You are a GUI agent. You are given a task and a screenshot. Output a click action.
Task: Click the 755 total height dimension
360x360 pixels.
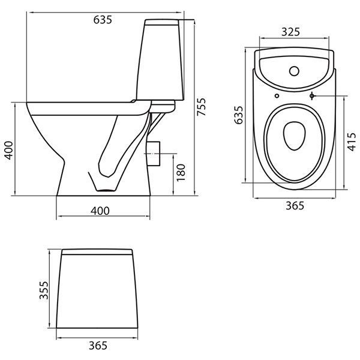[202, 107]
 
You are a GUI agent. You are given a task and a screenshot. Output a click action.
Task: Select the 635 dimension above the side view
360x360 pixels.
[103, 20]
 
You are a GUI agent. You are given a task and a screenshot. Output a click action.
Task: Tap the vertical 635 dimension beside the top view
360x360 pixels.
[238, 115]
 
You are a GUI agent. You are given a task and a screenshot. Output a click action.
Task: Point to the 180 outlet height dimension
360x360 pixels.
[181, 173]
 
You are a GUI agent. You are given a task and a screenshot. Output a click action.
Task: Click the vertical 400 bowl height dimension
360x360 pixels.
[9, 151]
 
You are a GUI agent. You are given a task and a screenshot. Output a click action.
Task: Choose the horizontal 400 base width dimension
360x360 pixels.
[100, 211]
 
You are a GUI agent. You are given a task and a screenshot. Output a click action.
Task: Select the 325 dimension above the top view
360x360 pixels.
[290, 32]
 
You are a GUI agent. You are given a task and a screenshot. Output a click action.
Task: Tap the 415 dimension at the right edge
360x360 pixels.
[352, 142]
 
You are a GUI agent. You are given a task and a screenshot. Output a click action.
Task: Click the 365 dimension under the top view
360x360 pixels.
[295, 205]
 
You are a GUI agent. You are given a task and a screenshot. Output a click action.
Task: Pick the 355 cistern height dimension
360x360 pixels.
[44, 290]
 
